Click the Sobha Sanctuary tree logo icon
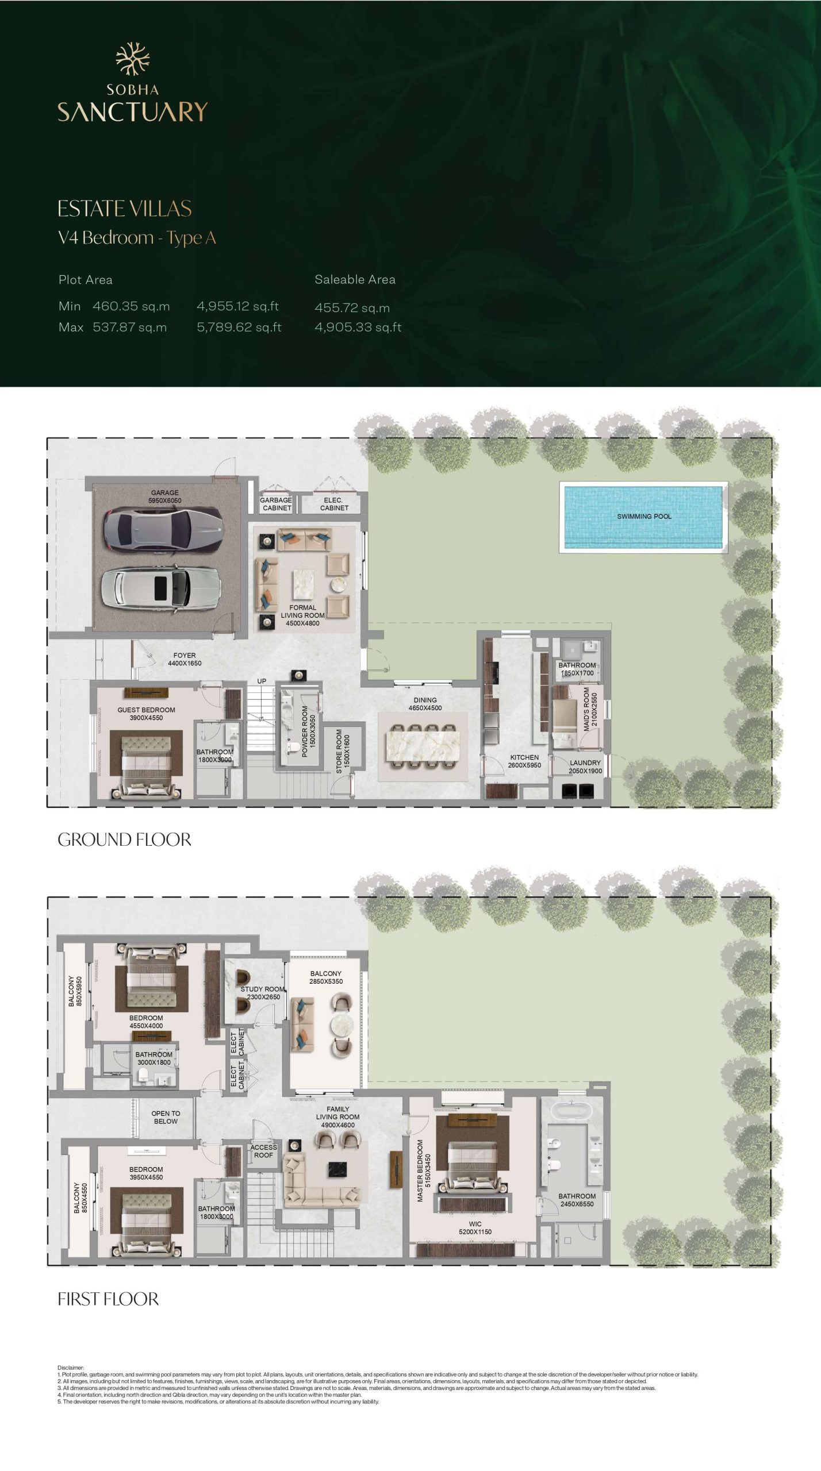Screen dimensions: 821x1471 (133, 59)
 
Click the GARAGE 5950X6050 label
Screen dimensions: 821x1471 (165, 496)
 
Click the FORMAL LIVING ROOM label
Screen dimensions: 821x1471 (302, 615)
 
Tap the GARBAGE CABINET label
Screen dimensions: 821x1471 (277, 504)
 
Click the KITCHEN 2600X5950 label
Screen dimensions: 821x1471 (524, 761)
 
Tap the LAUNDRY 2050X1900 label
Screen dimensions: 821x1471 (585, 767)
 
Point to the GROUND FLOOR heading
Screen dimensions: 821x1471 (124, 840)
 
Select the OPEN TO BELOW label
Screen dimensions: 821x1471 (166, 1117)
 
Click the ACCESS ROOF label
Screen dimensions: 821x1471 (263, 1151)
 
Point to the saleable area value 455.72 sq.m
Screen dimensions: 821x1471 (352, 308)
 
